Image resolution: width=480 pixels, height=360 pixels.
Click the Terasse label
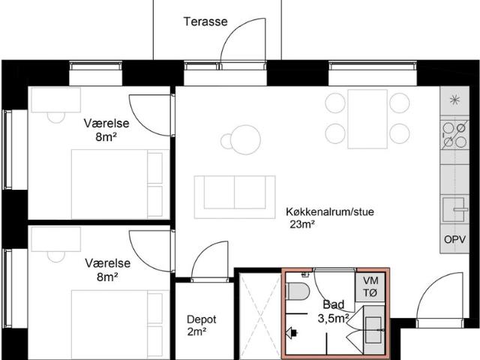point(205,22)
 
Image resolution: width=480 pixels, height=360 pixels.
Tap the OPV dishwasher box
point(454,241)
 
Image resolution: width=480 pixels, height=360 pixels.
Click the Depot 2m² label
point(196,325)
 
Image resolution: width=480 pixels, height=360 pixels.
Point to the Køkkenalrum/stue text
point(329,212)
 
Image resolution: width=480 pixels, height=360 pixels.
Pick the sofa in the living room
point(235,191)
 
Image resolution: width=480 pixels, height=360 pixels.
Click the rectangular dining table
point(367,118)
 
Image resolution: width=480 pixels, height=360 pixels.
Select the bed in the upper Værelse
point(118,178)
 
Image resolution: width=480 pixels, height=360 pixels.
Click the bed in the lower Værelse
point(118,323)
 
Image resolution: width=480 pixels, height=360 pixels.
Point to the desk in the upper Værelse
point(55,100)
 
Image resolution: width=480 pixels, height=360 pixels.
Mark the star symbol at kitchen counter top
point(453,100)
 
